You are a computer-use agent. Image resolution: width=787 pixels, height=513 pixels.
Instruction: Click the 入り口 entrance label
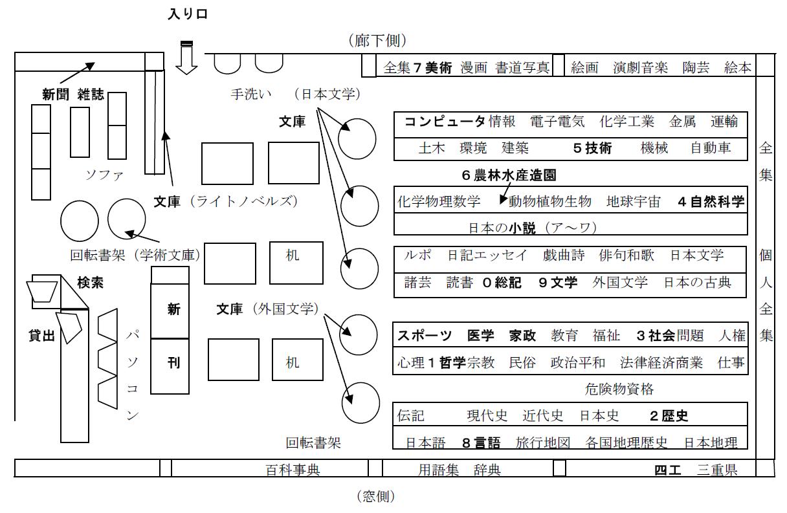coord(188,14)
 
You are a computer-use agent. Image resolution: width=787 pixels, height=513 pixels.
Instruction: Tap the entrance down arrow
coord(187,59)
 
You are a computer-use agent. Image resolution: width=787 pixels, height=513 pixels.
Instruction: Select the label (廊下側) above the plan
coord(377,41)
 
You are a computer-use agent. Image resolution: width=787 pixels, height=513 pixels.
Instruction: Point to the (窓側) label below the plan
coord(375,497)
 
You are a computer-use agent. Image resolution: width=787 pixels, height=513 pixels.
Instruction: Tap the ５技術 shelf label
coord(592,148)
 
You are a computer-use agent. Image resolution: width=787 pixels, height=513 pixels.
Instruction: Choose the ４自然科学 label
coord(711,201)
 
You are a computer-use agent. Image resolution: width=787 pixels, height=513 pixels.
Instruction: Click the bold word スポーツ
coord(425,335)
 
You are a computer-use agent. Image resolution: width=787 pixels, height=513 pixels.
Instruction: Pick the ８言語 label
coord(481,443)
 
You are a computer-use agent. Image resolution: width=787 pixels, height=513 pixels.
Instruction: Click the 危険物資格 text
coord(619,389)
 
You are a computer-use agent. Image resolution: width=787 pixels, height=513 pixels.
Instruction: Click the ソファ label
coord(104,175)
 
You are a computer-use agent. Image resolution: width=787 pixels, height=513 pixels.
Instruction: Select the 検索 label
coord(90,283)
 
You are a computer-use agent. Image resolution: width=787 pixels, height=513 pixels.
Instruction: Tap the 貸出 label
coord(41,336)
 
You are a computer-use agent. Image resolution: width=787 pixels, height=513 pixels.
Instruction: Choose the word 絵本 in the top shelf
coord(738,67)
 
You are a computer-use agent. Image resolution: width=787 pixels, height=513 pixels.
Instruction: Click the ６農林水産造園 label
coord(509,175)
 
